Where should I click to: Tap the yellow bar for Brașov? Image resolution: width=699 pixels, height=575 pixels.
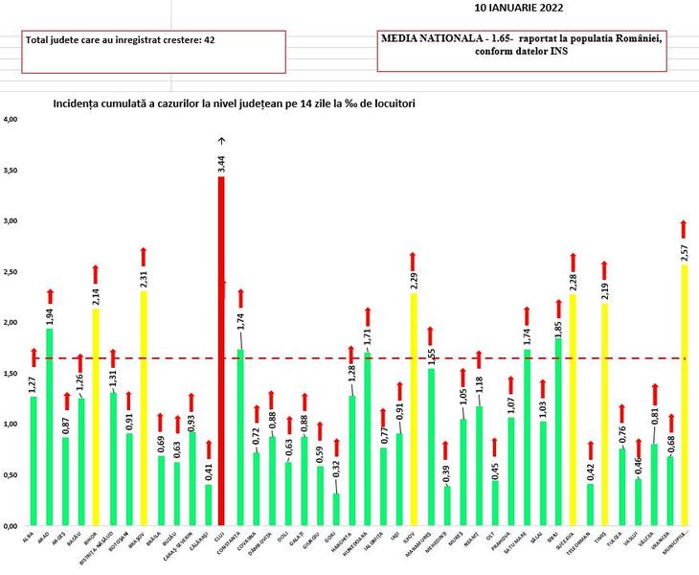143,408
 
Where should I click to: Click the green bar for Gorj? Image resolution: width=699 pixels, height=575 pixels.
335,509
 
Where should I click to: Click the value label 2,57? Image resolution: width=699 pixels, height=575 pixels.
684,250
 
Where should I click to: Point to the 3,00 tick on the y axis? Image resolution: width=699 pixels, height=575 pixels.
11,221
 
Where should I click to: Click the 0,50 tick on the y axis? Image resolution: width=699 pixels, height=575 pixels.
11,475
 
